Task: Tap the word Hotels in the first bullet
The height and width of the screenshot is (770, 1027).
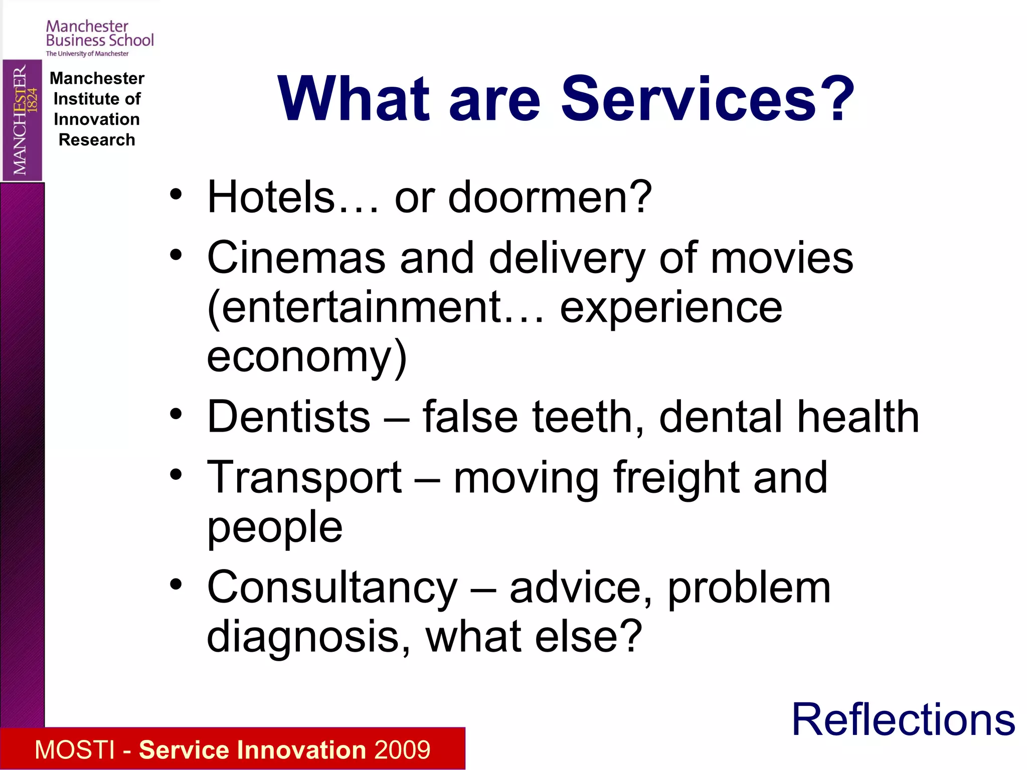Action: pyautogui.click(x=271, y=197)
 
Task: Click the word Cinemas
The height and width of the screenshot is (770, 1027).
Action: pyautogui.click(x=296, y=258)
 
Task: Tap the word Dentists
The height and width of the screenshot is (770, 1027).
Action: pyautogui.click(x=289, y=417)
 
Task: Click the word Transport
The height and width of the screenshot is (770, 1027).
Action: pyautogui.click(x=304, y=478)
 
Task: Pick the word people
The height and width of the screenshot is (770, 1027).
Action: pyautogui.click(x=275, y=527)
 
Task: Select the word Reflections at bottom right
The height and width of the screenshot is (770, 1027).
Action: pyautogui.click(x=903, y=720)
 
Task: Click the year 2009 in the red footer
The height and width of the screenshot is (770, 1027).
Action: pyautogui.click(x=402, y=750)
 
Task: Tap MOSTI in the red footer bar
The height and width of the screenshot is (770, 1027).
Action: pyautogui.click(x=75, y=750)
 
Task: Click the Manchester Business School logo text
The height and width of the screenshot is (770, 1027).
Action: pyautogui.click(x=99, y=34)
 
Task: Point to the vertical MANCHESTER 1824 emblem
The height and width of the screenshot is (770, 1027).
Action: pyautogui.click(x=23, y=120)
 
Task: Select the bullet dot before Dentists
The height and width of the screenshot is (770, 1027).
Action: pyautogui.click(x=176, y=415)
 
